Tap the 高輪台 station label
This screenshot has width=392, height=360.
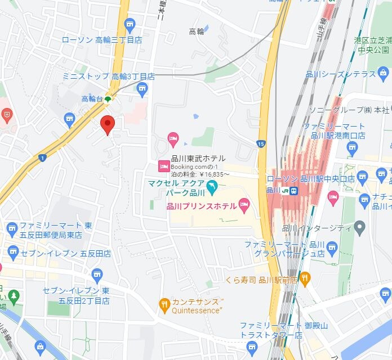[92, 99]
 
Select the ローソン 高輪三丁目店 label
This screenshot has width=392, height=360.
[101, 40]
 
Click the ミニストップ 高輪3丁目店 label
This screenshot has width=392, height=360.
[108, 76]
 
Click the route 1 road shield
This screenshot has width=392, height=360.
[43, 157]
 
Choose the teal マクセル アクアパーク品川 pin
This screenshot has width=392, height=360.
[212, 186]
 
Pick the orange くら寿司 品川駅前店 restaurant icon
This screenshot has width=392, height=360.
[305, 277]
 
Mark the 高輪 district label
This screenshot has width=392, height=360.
[197, 31]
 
